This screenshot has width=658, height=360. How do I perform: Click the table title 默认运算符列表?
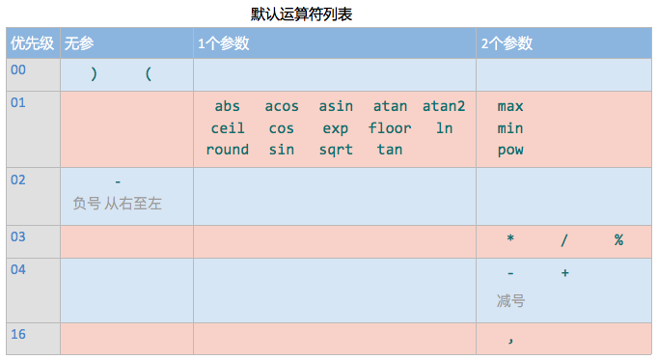point(307,14)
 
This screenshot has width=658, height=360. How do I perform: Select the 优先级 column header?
point(31,44)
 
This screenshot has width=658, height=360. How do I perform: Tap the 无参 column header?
point(78,44)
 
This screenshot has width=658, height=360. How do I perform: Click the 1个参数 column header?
point(223,44)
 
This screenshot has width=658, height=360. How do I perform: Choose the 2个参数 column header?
point(507,44)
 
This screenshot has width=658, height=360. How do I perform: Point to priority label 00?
point(18,70)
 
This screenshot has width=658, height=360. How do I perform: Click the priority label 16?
point(18,334)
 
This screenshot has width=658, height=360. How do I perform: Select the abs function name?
point(227,106)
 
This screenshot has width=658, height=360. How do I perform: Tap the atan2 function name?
point(444,106)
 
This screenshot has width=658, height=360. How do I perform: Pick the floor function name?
point(390,127)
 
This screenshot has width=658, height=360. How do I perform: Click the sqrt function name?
point(336,150)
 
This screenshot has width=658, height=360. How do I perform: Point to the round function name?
point(227,150)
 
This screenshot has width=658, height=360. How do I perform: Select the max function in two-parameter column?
point(510,106)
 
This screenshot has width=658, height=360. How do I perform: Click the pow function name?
point(510,150)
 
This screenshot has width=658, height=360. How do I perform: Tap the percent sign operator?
point(617,240)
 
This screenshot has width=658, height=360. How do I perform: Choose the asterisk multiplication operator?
point(510,240)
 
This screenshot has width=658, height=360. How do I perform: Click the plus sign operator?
point(564,273)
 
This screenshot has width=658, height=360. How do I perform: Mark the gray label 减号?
point(510,301)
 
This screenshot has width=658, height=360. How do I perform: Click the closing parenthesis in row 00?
point(94,73)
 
